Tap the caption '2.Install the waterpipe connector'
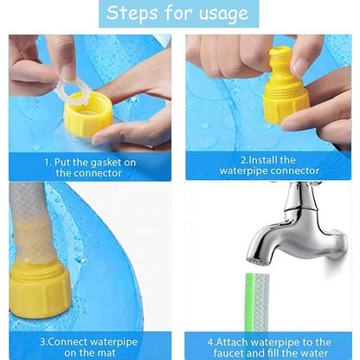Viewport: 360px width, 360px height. coord(270,166)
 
